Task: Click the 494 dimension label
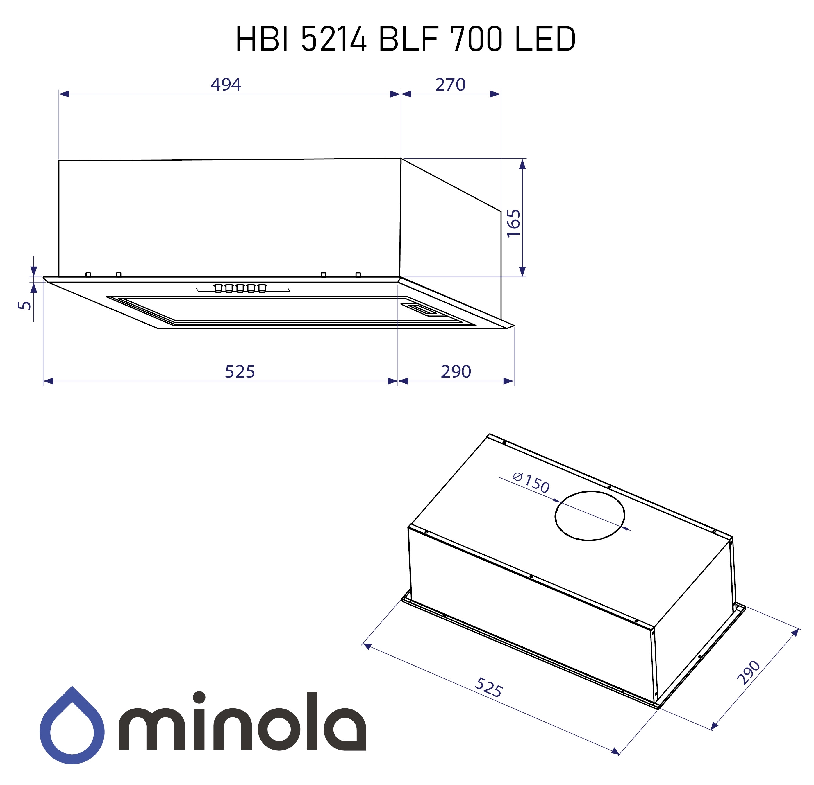(x=226, y=85)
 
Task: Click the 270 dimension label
(x=450, y=85)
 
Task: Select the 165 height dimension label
(x=514, y=223)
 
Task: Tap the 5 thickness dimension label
(x=25, y=305)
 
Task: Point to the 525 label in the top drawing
(x=240, y=372)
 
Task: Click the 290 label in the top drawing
(x=456, y=372)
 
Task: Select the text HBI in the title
(x=262, y=39)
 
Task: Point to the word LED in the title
(x=545, y=39)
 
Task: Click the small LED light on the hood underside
(x=420, y=309)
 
